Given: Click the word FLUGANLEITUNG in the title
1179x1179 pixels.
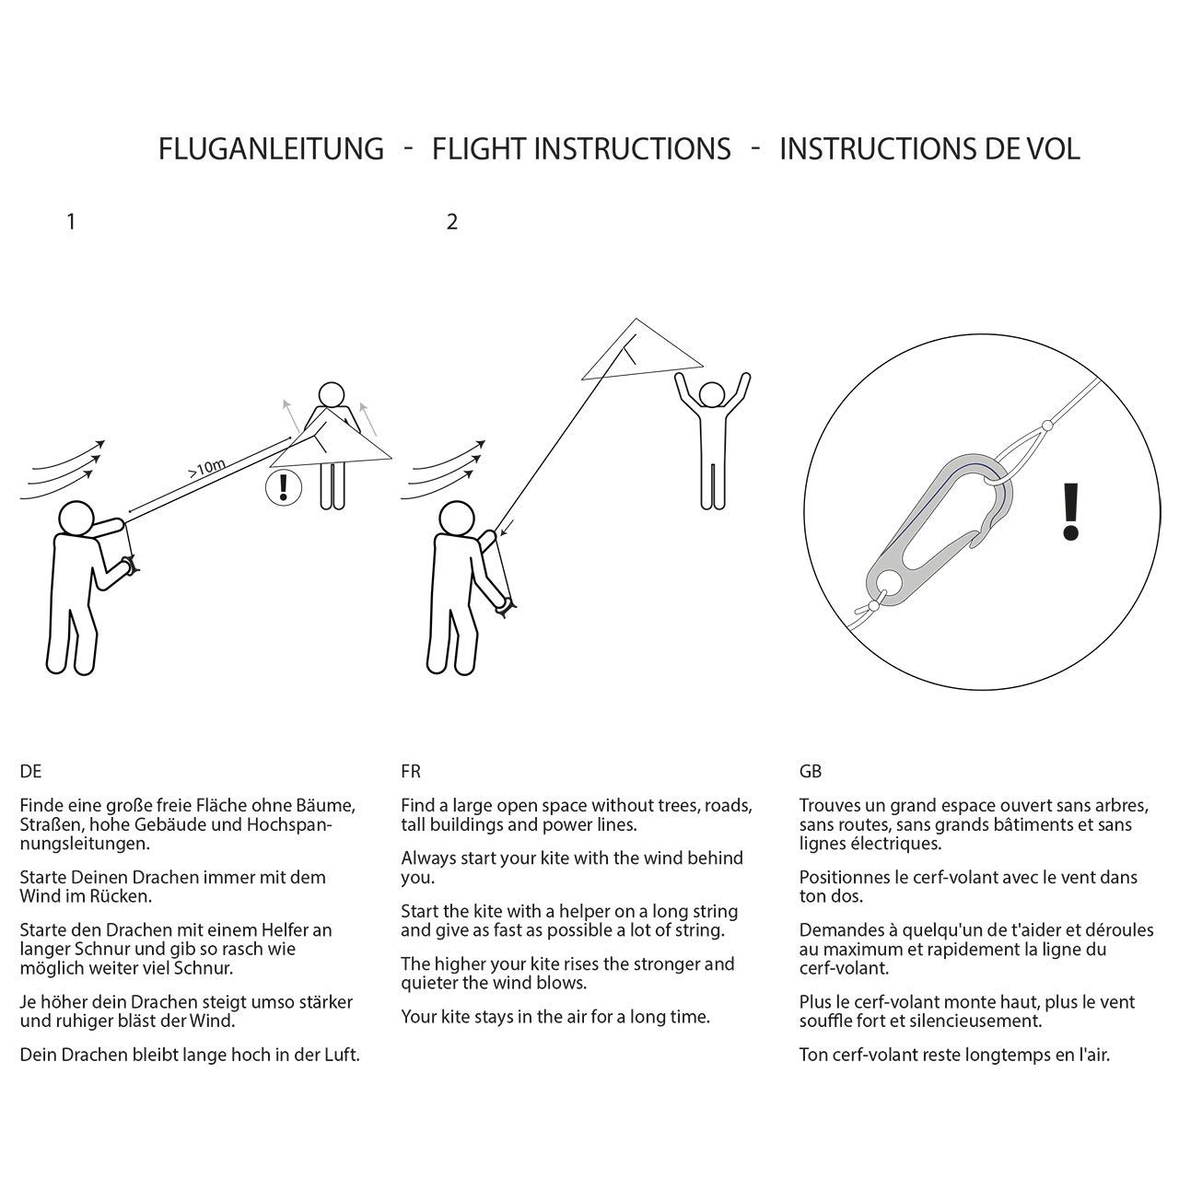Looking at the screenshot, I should click(271, 148).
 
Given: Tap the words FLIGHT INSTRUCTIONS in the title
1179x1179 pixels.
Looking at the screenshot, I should click(581, 148).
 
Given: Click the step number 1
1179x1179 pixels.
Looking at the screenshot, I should click(71, 222).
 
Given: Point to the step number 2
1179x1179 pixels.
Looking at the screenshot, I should click(451, 222).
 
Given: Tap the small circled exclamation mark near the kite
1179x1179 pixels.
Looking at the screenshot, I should click(283, 486).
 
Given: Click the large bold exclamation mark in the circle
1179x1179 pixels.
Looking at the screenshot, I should click(1069, 512).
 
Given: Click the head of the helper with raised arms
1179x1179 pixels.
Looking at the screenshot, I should click(711, 395).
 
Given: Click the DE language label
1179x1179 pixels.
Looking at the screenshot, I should click(30, 772).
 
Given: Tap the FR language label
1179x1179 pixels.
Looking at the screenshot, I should click(411, 772).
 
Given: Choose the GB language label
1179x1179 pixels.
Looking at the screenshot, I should click(811, 772).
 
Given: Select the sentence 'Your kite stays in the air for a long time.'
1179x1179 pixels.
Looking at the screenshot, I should click(555, 1018).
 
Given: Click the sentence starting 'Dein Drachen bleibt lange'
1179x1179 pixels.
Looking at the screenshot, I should click(190, 1056).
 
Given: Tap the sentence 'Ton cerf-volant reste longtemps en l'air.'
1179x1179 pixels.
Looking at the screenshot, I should click(954, 1056).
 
